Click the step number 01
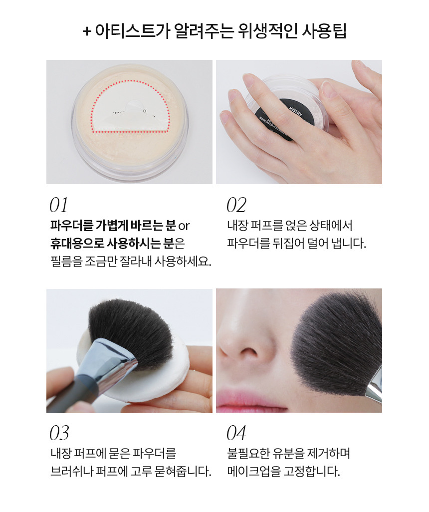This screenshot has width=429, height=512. point(59,205)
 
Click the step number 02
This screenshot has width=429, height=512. point(236,205)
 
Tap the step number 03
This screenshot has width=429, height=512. point(59,433)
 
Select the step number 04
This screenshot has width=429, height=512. point(236,433)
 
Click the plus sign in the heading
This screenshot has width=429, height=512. point(86,31)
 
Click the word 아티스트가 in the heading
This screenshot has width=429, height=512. point(132,31)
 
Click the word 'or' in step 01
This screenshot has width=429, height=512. point(184,226)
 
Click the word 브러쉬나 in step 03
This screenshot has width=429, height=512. point(72,471)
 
